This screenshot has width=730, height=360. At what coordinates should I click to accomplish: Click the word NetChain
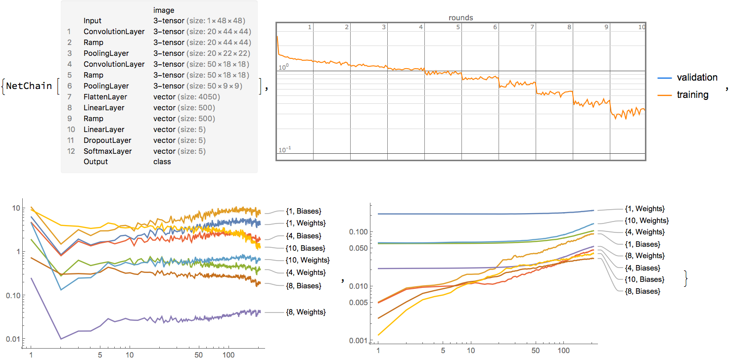click(29, 86)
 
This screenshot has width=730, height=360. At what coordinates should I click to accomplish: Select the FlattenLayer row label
click(105, 97)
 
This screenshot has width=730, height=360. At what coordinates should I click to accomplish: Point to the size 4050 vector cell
click(186, 97)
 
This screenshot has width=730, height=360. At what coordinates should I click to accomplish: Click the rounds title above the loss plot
click(460, 18)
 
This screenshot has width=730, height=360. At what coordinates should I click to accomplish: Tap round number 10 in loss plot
click(641, 28)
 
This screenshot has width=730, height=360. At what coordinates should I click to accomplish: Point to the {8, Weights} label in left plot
click(305, 312)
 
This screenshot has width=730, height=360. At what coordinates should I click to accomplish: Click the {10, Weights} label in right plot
click(647, 221)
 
